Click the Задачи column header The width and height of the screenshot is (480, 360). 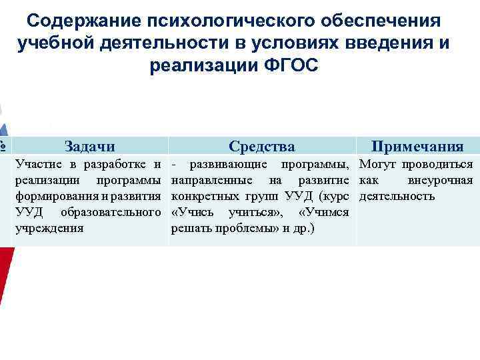pyautogui.click(x=89, y=147)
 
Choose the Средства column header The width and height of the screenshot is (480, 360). pyautogui.click(x=261, y=147)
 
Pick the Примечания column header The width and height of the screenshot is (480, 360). pyautogui.click(x=417, y=147)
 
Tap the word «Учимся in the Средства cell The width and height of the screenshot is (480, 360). pyautogui.click(x=325, y=212)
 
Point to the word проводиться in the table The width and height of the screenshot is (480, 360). pyautogui.click(x=437, y=164)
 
